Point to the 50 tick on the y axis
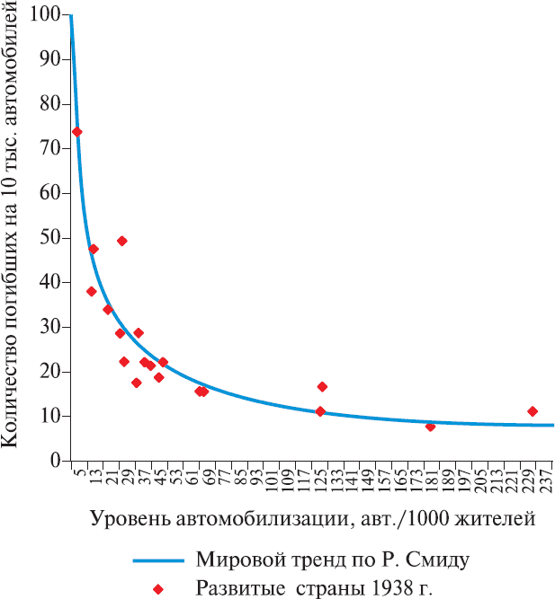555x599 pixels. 50,238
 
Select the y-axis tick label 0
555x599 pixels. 56,461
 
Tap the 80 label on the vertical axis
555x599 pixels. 50,104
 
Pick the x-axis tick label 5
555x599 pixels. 79,472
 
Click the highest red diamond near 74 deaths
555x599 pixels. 77,132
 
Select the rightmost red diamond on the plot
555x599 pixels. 533,411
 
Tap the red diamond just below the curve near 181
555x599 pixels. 430,427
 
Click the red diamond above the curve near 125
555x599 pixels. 322,387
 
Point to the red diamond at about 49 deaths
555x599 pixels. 122,241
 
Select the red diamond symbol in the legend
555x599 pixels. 158,589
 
